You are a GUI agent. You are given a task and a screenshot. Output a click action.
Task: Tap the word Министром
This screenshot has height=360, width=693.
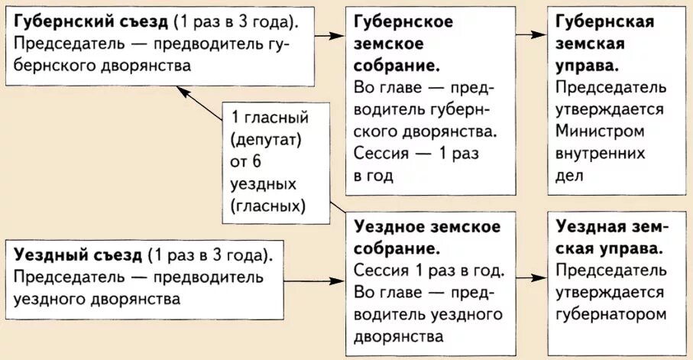tap(600, 131)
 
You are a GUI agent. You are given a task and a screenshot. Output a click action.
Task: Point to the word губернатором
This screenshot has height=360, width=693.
tap(612, 313)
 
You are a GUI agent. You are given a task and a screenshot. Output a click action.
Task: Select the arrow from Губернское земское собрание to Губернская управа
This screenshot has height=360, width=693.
tap(531, 35)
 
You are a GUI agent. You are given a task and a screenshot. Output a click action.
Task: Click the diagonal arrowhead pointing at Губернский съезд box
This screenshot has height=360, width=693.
tap(183, 91)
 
